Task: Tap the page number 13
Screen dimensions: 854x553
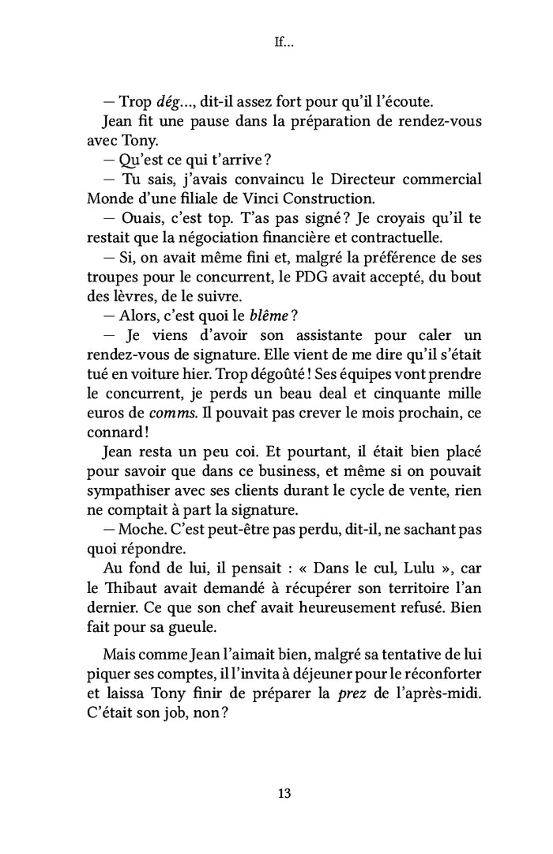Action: click(284, 793)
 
